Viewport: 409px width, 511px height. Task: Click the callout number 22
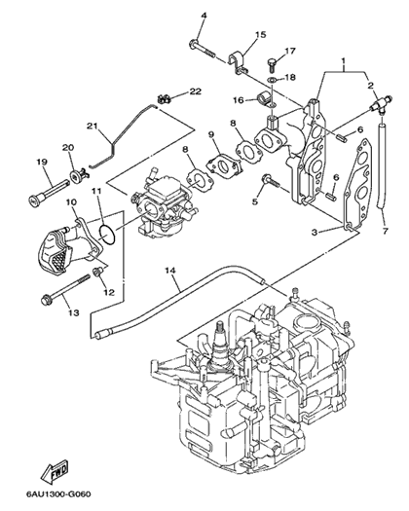tap(196, 91)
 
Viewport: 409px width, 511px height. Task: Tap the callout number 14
tap(170, 271)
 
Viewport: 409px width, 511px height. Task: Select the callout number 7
tap(386, 231)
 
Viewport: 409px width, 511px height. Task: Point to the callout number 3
tap(315, 232)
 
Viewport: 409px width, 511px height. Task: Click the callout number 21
tap(93, 126)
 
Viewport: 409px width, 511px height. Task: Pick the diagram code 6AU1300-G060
tap(58, 493)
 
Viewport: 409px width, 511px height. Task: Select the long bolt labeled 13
tap(65, 289)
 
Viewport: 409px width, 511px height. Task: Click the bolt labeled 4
tap(203, 49)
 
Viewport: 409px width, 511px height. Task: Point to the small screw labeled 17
tap(272, 64)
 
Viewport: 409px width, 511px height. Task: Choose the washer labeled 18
tap(272, 79)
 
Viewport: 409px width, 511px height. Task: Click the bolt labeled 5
tap(271, 181)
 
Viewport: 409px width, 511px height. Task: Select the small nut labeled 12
tap(98, 272)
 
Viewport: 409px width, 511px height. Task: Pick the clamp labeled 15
tap(239, 62)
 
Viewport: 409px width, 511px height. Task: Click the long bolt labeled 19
tap(49, 191)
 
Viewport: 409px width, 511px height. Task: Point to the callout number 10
tap(71, 202)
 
